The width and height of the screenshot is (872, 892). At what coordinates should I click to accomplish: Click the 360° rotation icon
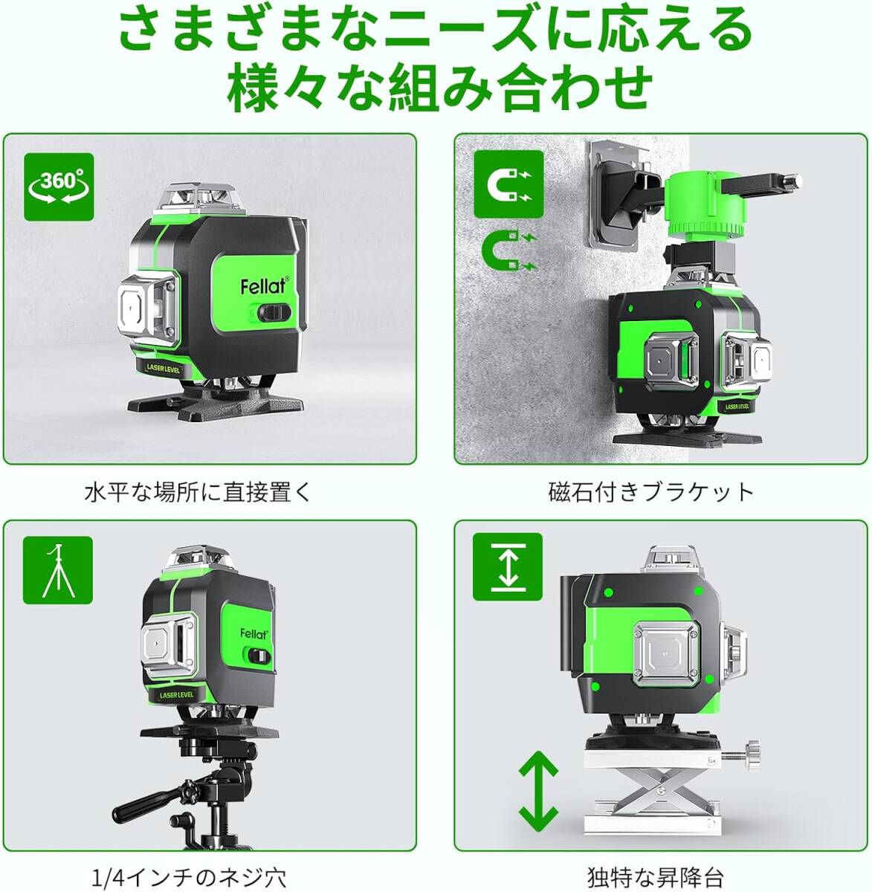[x=59, y=187]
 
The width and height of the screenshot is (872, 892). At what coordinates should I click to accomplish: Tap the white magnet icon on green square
[x=508, y=184]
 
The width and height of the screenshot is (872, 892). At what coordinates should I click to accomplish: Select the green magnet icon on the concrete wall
[x=509, y=251]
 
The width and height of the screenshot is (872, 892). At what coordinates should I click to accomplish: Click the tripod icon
[x=58, y=570]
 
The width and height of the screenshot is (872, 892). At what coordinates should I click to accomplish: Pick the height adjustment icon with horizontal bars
[x=508, y=567]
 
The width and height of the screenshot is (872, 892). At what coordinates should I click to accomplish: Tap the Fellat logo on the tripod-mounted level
[x=253, y=634]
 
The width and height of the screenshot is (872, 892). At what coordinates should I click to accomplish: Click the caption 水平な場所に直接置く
[x=198, y=493]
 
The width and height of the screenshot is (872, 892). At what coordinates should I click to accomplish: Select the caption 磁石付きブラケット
[x=651, y=492]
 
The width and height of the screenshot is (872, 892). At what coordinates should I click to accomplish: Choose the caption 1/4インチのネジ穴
[x=189, y=878]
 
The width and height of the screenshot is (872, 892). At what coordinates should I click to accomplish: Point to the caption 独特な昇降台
[x=656, y=877]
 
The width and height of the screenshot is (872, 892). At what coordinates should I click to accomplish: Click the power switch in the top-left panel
[x=274, y=313]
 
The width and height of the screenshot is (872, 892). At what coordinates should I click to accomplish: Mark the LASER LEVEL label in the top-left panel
[x=164, y=368]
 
